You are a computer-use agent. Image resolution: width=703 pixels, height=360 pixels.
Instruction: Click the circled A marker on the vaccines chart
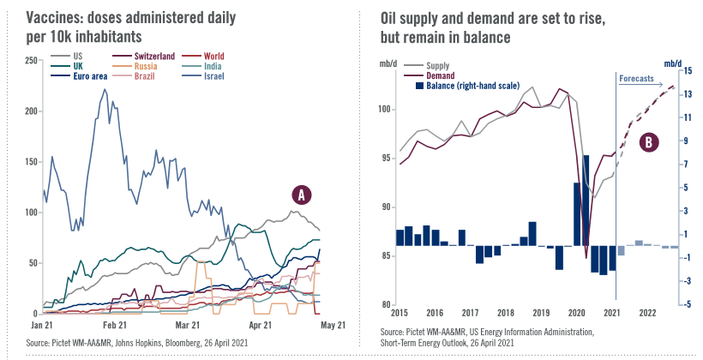[301, 195]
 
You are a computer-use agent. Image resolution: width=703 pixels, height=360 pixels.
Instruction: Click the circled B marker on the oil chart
[648, 141]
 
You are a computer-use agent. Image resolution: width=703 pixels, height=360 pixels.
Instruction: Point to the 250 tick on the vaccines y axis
[31, 60]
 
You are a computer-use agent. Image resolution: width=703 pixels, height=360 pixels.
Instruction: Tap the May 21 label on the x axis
[333, 326]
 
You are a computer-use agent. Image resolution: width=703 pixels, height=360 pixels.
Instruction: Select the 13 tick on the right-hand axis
[687, 93]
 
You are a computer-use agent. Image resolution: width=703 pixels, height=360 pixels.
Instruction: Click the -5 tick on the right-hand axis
[686, 304]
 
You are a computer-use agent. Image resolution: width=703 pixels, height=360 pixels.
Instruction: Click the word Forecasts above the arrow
[635, 78]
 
